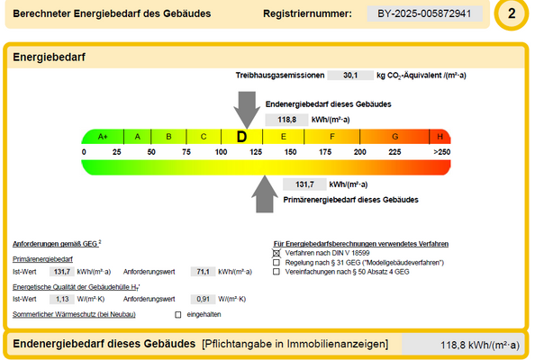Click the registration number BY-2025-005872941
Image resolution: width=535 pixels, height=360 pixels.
point(424,14)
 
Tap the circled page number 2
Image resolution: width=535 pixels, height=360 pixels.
point(512,14)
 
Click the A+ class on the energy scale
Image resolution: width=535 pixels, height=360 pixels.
point(103,136)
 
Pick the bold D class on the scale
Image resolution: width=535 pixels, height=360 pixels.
point(241,136)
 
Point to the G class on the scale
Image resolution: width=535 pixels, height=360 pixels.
point(394,136)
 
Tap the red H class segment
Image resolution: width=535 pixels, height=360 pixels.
point(440,136)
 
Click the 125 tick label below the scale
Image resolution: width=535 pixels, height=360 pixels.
point(256,152)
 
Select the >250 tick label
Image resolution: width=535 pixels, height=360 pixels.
point(440,152)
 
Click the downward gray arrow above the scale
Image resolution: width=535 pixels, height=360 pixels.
point(245,112)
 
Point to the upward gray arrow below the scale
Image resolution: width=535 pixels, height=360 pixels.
point(265,193)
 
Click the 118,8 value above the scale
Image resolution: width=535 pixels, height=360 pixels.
point(287,119)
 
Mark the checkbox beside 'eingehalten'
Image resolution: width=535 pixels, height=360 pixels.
point(177,314)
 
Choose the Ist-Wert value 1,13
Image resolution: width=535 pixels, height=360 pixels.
point(63,298)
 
